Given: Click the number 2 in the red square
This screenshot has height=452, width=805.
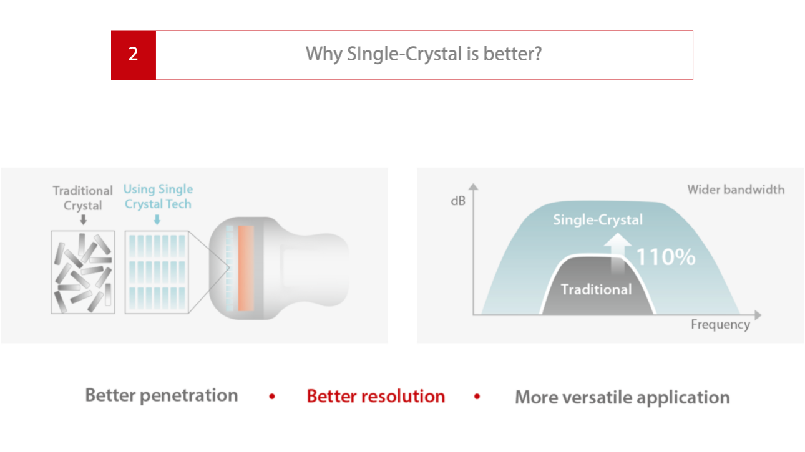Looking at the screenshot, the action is coord(134,54).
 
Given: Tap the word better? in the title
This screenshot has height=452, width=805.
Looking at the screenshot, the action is coord(512,54).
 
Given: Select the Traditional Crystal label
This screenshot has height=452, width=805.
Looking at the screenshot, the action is coord(82,198).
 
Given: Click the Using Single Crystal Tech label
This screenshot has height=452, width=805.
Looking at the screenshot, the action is coord(158,196).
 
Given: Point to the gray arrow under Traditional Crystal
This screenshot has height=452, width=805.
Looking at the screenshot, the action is coord(84,219).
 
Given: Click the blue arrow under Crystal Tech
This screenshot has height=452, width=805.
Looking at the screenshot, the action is coord(157,219).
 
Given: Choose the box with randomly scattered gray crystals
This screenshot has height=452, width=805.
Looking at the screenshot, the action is coord(83,272).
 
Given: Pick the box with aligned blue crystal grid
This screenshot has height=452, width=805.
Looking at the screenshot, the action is coord(157,272).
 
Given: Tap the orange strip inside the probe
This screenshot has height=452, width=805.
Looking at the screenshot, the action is coord(246,268).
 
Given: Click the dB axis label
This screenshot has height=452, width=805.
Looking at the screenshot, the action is coord(458,201).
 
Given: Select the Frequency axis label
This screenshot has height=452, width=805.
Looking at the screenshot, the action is coord(720,325).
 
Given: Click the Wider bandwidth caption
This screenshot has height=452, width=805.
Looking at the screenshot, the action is coord(736,190).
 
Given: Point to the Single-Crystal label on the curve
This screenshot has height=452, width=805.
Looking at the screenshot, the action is coord(598,219).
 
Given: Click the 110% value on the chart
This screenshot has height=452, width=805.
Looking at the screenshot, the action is coord(666,257).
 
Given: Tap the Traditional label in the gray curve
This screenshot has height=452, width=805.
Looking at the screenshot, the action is coord(596,289).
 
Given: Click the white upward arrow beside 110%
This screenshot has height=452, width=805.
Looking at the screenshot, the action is coord(618,254).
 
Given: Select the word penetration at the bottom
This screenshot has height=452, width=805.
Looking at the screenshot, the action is coord(188,396).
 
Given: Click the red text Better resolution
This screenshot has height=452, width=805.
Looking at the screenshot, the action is coord(376,396).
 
